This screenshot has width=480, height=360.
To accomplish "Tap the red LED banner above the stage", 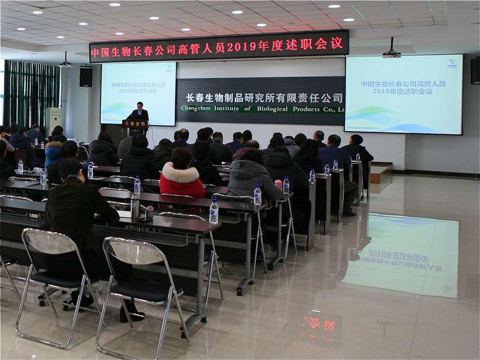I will click(219, 46).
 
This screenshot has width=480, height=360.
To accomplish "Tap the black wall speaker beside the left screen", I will click(86, 77).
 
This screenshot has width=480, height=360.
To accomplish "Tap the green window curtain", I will click(30, 94).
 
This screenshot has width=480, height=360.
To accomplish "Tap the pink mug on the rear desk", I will click(278, 185).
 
